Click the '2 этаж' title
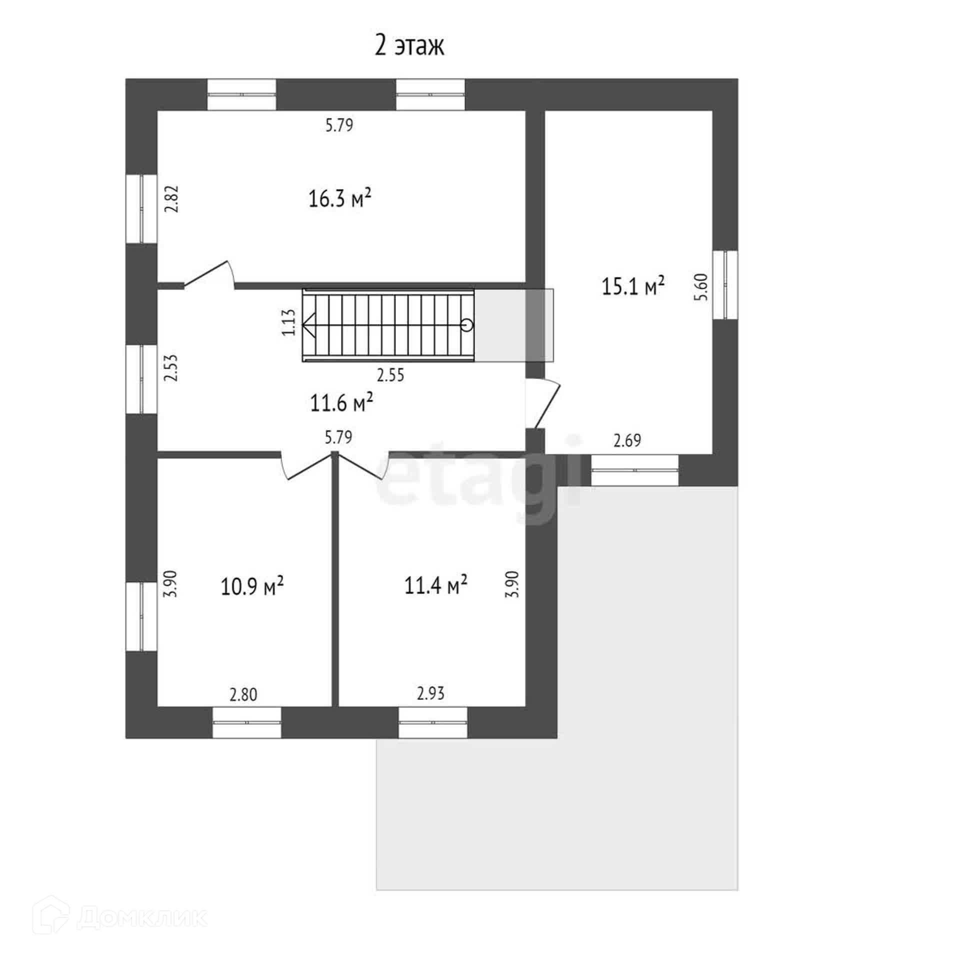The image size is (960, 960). (x=409, y=46)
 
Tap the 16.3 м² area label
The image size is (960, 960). (x=339, y=198)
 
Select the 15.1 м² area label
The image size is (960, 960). (x=633, y=286)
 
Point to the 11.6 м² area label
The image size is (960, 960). (x=341, y=402)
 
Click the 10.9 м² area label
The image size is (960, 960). (x=252, y=586)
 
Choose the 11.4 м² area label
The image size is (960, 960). (x=435, y=585)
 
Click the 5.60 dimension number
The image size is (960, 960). (x=702, y=286)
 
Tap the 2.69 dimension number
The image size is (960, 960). (x=627, y=440)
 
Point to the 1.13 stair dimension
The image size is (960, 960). (x=289, y=322)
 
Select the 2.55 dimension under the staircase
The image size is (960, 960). (x=390, y=375)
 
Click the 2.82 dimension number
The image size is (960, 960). (x=172, y=199)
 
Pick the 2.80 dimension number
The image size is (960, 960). (x=243, y=695)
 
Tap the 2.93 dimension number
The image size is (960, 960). (x=430, y=693)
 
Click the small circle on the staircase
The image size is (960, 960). (x=467, y=325)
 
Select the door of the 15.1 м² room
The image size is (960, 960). (x=547, y=404)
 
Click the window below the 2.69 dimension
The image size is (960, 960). (x=634, y=470)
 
